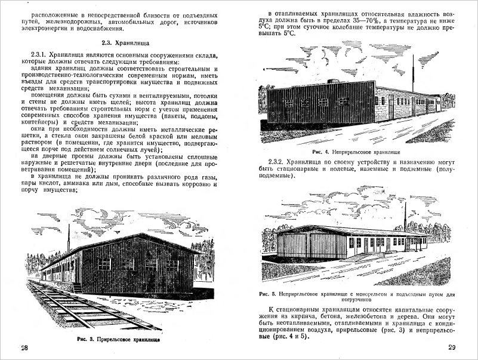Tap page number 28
pos(23,349)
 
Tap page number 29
pos(451,348)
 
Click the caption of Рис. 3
pos(119,339)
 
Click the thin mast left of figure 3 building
pos(69,237)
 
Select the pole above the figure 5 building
pos(405,217)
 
